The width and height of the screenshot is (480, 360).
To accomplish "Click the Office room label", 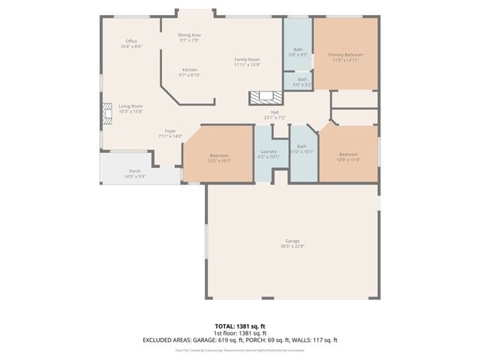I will click(130, 43).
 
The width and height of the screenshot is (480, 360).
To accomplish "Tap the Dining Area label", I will click(189, 37).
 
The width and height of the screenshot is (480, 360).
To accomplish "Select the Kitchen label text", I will click(188, 72).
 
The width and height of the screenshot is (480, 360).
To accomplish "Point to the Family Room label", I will click(247, 61).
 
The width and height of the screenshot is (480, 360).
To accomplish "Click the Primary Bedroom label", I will click(346, 57).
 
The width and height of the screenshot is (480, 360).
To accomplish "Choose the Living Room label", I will click(130, 109).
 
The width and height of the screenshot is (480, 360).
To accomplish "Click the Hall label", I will click(275, 115).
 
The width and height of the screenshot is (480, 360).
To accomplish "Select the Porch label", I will click(135, 173).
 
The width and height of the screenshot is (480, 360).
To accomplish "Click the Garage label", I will click(292, 243).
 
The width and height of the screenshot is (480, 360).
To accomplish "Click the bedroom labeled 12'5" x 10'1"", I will click(219, 157).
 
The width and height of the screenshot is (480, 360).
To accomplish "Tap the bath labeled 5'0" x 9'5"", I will click(298, 52).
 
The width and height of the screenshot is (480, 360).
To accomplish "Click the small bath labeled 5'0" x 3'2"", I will click(301, 81).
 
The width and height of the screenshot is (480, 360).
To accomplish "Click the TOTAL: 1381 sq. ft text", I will click(240, 326).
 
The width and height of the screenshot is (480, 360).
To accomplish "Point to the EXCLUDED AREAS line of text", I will click(240, 340).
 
